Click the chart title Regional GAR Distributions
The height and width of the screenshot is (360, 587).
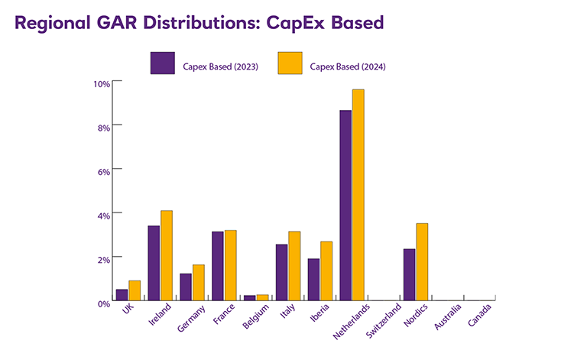point(199,23)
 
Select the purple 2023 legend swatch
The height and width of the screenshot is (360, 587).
point(162,64)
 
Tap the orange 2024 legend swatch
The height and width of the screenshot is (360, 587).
point(290,64)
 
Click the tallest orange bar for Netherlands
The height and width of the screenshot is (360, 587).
point(358,195)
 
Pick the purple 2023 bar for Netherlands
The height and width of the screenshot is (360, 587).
point(345,205)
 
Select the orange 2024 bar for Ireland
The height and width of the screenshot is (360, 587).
point(166,255)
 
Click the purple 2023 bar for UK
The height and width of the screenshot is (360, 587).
point(122,294)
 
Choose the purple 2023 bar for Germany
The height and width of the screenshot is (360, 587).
point(185,287)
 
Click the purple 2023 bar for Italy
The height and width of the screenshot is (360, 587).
point(281,272)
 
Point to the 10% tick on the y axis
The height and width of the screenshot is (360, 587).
point(101,83)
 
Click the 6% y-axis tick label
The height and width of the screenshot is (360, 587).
point(103,170)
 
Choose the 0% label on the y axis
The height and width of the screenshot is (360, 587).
point(103,303)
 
